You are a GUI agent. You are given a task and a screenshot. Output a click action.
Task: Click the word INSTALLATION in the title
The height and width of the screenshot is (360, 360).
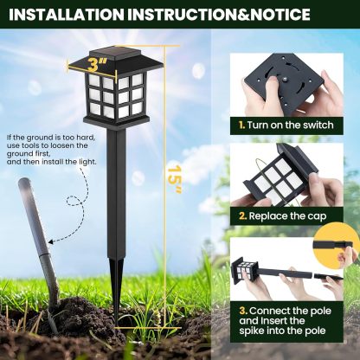[x=62, y=15]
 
